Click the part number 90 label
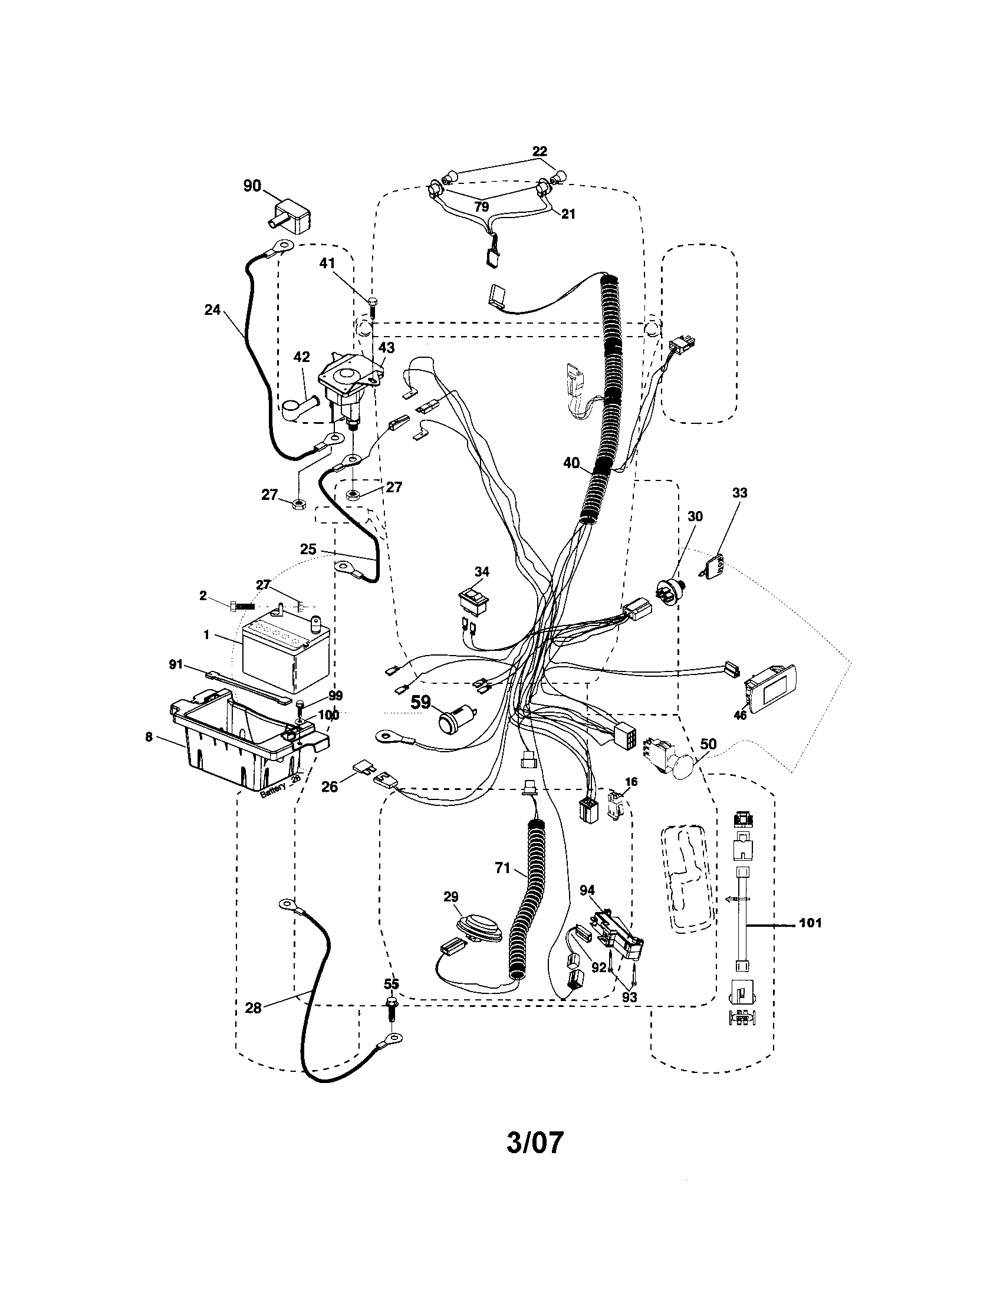click(252, 186)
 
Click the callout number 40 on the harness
click(571, 463)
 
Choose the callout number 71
click(502, 868)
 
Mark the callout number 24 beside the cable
click(212, 310)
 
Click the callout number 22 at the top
click(539, 151)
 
